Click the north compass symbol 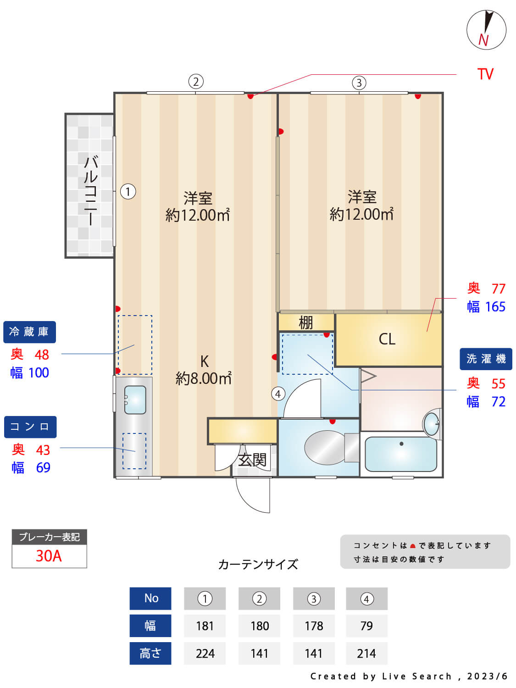486,30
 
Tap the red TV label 485,74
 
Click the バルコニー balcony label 90,190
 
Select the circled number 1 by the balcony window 128,191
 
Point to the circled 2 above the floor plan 196,82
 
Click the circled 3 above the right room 359,83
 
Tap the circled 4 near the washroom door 278,394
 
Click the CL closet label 387,339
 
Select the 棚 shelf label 305,322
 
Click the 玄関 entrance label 252,460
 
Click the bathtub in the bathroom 401,454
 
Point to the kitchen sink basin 135,400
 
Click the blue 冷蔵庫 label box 29,332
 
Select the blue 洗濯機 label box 486,359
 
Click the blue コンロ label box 30,427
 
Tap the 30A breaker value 49,556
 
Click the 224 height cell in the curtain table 205,653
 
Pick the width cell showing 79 366,626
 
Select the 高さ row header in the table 150,653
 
